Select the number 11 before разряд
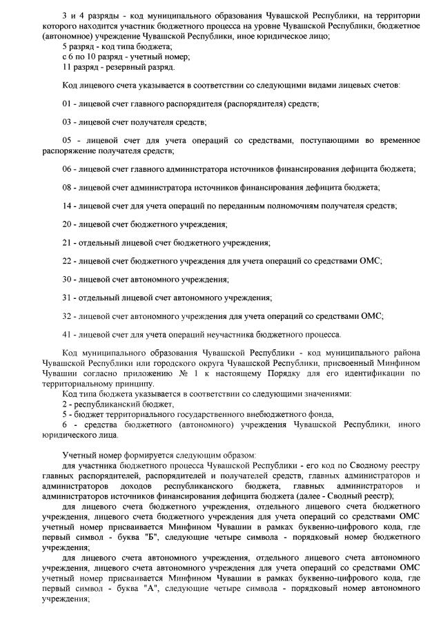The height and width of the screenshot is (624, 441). [x=67, y=67]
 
